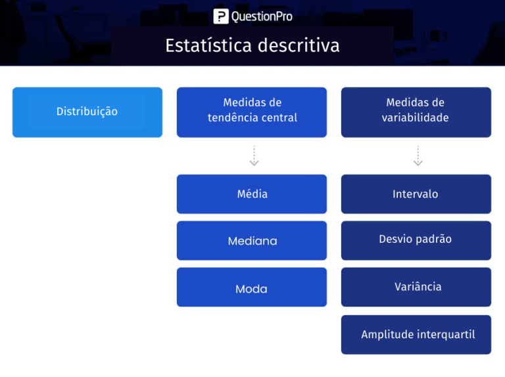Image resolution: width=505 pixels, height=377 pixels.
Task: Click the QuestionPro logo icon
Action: [x=221, y=16]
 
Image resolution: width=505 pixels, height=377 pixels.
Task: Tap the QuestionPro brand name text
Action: [x=262, y=16]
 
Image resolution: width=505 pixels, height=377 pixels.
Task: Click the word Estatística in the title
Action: [x=209, y=45]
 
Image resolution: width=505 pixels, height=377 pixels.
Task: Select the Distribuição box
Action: [x=87, y=112]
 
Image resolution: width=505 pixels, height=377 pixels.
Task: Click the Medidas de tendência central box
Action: [x=251, y=112]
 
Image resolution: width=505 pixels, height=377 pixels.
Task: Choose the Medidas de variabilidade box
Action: [x=416, y=112]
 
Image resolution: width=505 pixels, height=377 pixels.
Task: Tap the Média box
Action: [x=251, y=194]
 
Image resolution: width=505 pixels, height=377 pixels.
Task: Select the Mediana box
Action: [x=251, y=241]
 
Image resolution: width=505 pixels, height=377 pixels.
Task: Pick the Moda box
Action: [x=251, y=288]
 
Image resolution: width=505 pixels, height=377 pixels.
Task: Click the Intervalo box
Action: [x=416, y=194]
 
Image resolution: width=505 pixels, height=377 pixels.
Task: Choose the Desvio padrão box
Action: [x=416, y=240]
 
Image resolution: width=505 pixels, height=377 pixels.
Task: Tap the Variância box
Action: [x=416, y=287]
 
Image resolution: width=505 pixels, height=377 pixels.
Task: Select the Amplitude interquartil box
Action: [x=416, y=334]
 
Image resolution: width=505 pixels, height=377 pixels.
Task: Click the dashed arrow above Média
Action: [x=254, y=156]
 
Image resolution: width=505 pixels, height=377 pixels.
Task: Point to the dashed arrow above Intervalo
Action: [x=418, y=156]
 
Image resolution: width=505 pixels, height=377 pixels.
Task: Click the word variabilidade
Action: [x=416, y=118]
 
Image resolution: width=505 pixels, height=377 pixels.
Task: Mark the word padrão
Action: [x=433, y=239]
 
